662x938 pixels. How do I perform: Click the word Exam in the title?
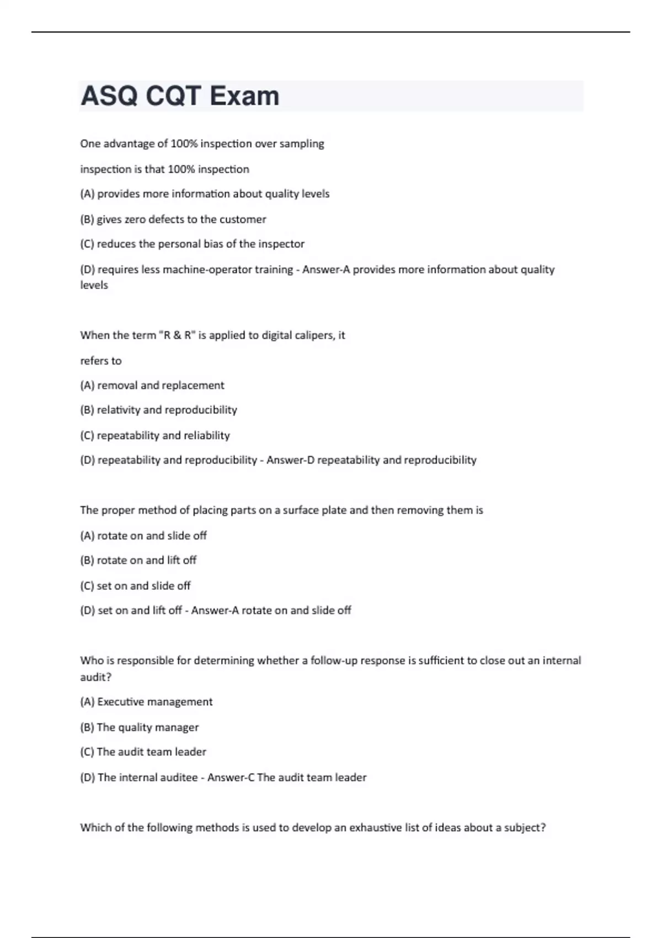(244, 96)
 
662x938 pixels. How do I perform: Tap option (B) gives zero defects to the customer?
(173, 220)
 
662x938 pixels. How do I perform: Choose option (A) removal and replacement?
(152, 386)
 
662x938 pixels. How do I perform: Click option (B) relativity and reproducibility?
(158, 410)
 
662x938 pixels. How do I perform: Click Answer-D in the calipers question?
(290, 460)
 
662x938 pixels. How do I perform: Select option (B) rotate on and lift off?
(138, 561)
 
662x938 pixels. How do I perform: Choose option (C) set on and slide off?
(135, 586)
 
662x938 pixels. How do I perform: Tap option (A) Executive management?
(146, 702)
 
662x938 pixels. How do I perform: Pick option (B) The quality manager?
(139, 727)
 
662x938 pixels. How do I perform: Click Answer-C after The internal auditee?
(231, 777)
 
